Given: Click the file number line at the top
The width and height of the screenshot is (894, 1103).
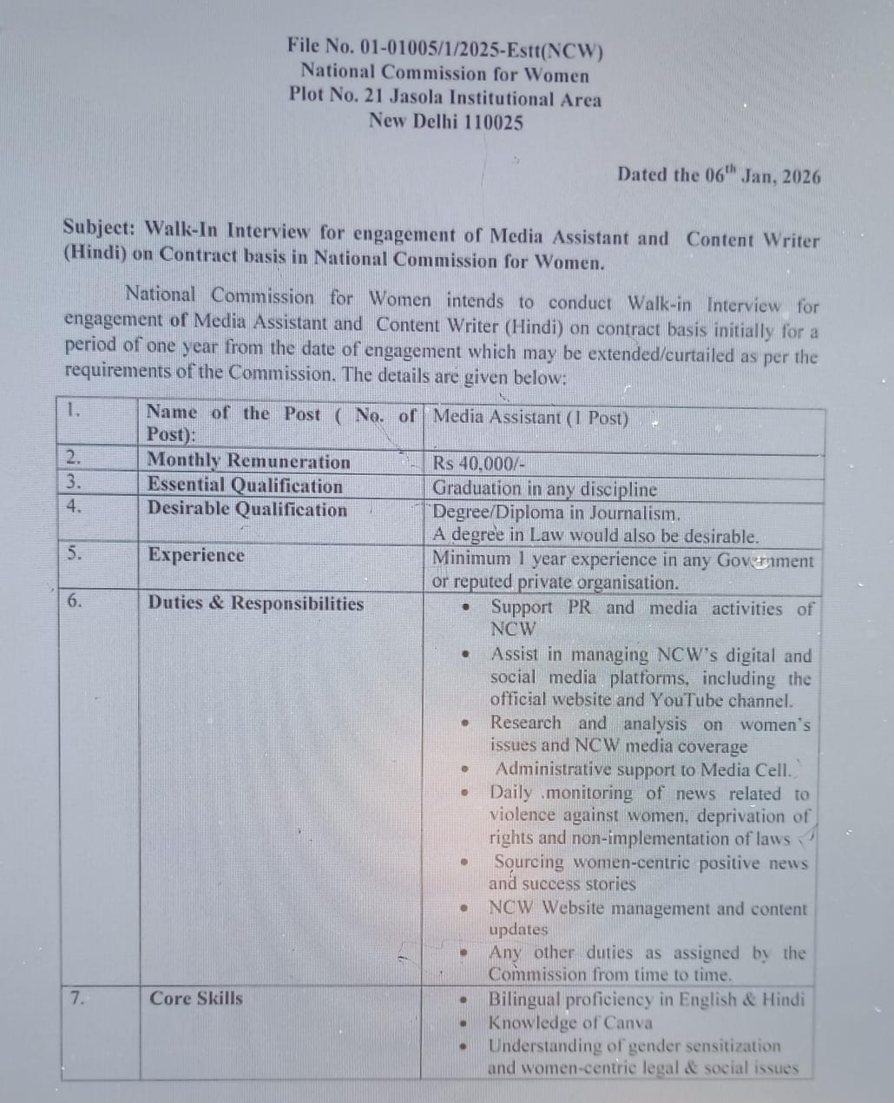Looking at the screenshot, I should point(445,47).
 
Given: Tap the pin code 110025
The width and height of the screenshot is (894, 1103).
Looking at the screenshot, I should point(493,122).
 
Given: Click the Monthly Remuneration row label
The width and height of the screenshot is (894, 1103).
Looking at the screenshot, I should point(248,461).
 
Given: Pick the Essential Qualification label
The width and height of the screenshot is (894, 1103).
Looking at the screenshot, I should point(245,485).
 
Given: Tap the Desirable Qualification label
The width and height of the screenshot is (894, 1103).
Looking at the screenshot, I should point(247,509).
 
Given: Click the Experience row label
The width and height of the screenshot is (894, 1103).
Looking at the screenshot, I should point(196,555).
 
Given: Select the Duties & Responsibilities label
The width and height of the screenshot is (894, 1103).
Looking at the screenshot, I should point(255,603).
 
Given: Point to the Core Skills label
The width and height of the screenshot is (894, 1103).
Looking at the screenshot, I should point(196,998).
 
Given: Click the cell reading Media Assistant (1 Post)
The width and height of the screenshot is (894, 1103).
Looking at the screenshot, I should point(530,417).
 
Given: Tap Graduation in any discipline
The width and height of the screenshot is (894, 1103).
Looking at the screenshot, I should point(544,489).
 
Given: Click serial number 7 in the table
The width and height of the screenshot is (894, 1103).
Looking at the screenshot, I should point(77,998).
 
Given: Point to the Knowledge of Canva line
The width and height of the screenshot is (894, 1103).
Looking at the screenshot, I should point(570,1023).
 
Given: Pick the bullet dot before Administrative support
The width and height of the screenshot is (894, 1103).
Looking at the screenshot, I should point(466,769).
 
